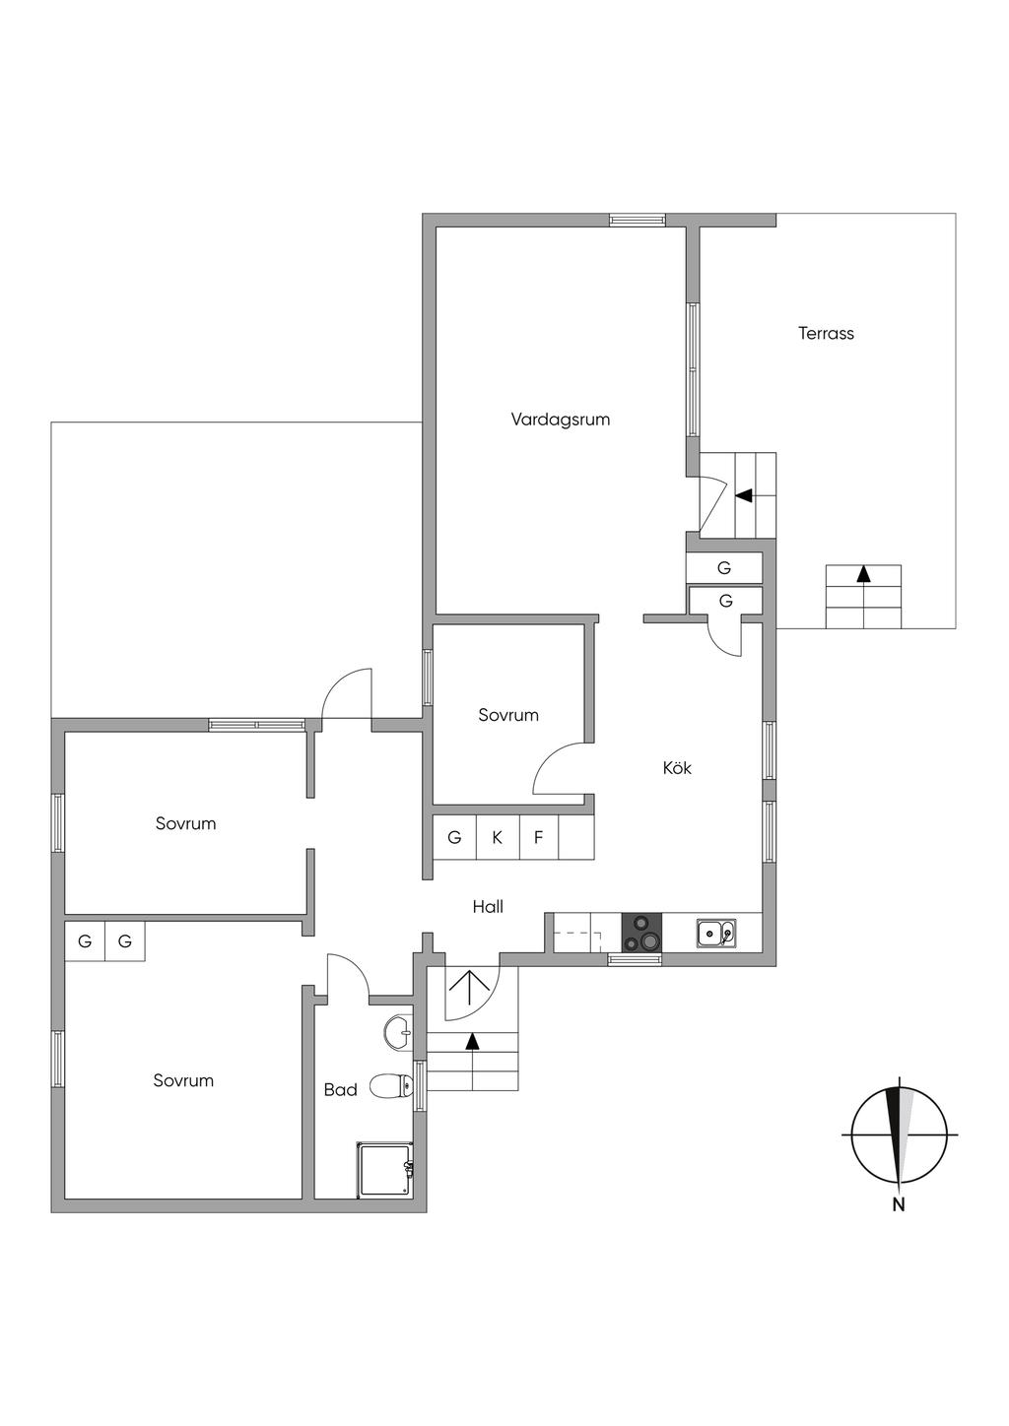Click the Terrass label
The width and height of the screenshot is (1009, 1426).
tap(826, 333)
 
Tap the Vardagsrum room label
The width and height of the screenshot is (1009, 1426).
tap(560, 419)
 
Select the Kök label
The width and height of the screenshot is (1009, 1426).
tap(677, 767)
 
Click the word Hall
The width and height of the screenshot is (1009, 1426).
tap(488, 906)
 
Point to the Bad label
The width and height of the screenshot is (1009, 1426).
tap(341, 1089)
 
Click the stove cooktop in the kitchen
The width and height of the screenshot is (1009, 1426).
tap(641, 933)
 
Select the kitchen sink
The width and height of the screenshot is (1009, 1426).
tap(715, 932)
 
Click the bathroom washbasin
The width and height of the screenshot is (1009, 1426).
tap(398, 1032)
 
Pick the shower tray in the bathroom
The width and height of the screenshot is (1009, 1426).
tap(384, 1169)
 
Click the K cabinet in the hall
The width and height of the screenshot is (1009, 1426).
tap(498, 838)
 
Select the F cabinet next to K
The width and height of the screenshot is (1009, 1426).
tap(539, 838)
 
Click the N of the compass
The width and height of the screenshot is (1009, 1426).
tap(898, 1203)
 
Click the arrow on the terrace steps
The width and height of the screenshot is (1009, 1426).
tap(864, 572)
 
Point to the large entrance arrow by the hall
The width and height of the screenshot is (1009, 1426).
tap(470, 988)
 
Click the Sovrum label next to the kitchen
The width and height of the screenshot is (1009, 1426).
tap(508, 715)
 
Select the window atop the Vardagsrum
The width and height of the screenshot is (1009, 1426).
tap(637, 220)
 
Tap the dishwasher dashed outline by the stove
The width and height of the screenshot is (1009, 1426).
tap(577, 933)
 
